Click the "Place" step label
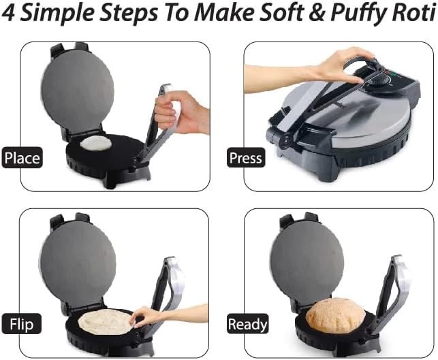point(22,157)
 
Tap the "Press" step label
point(246,157)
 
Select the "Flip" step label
point(22,324)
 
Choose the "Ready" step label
point(247,324)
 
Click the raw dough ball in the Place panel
point(96,143)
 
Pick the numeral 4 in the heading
point(9,13)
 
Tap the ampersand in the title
point(317,13)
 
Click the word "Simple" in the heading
point(58,14)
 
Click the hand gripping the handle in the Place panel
point(180,112)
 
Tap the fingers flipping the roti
point(142,316)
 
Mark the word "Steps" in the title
point(129,14)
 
